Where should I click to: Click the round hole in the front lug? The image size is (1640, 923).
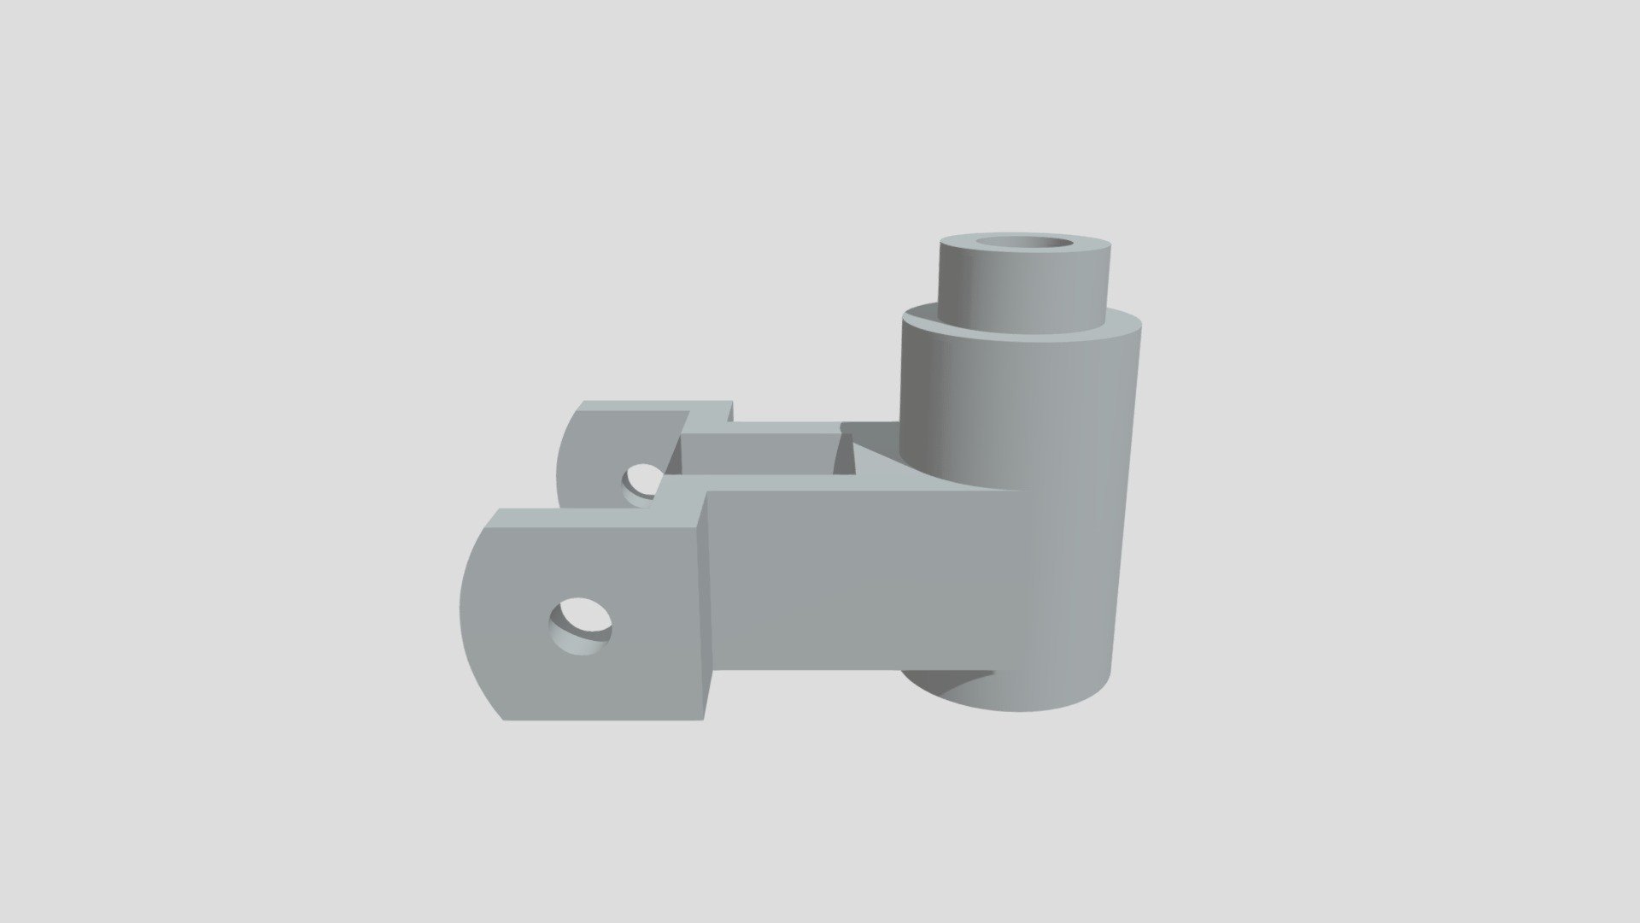581,626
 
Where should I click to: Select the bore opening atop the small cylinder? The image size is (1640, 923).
1028,246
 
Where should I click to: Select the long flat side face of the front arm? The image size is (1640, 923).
854,581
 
